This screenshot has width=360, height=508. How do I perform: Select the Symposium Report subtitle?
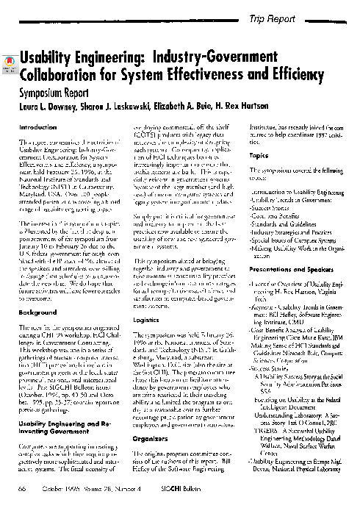[x=59, y=94]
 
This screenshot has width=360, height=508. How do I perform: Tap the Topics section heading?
[x=259, y=157]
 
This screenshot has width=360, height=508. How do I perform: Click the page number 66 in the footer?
[x=24, y=489]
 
